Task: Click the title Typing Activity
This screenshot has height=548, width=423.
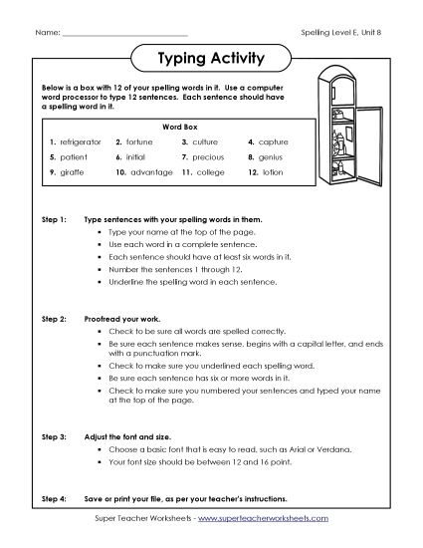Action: pos(211,59)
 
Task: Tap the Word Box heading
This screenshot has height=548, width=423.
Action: pos(175,127)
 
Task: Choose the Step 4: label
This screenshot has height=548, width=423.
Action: pos(53,497)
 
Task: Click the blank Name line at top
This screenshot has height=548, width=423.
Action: pos(124,34)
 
